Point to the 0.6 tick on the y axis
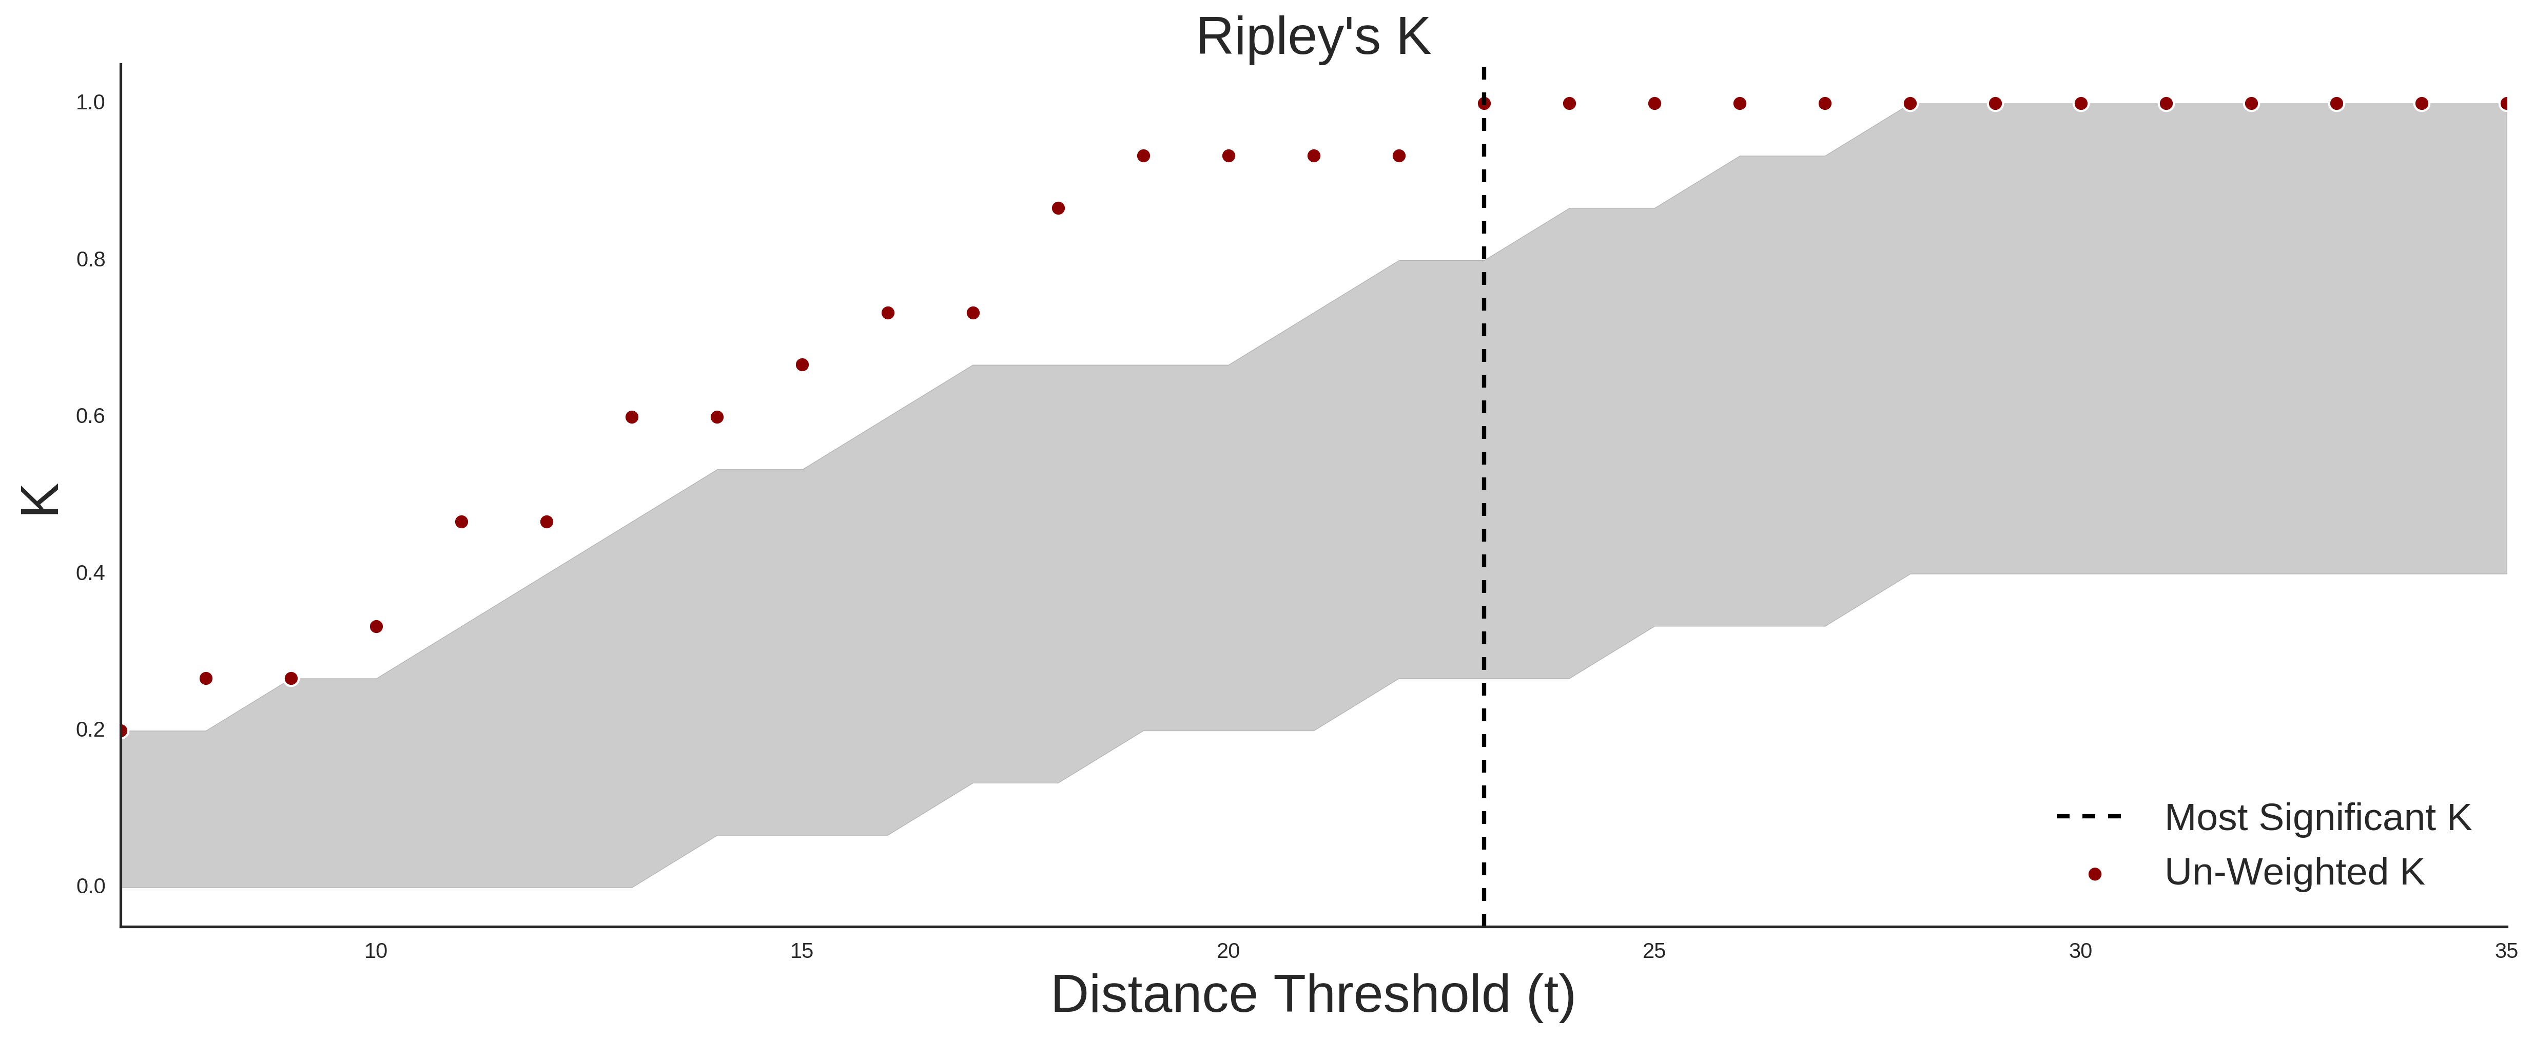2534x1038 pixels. (x=90, y=416)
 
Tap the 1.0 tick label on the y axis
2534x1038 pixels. (x=90, y=102)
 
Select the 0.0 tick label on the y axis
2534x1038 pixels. (x=90, y=887)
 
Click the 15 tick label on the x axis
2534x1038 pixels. (x=802, y=950)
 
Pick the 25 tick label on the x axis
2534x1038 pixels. (x=1654, y=950)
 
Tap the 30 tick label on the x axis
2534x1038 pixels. (x=2080, y=950)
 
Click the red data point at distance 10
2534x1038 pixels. (x=376, y=627)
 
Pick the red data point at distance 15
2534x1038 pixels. (x=802, y=365)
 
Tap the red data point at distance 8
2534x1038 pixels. (x=206, y=679)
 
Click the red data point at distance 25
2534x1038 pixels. (x=1654, y=103)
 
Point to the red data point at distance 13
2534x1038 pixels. (x=632, y=417)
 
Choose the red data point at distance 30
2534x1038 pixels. (x=2080, y=103)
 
